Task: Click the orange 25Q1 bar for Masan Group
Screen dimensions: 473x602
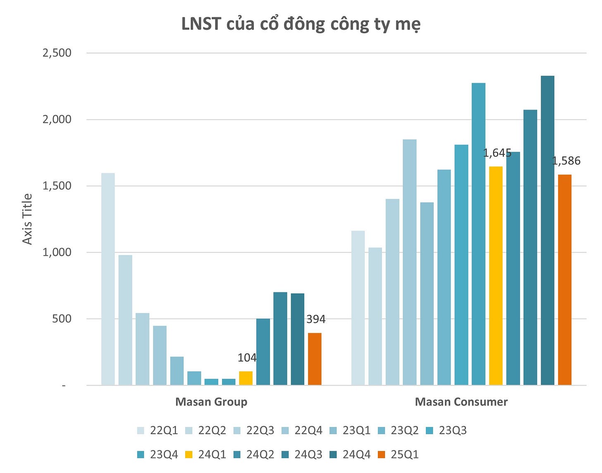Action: point(315,359)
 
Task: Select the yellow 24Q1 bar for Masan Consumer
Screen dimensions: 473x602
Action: point(496,276)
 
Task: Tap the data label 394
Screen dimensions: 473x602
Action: point(316,319)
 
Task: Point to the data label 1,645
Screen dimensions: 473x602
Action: point(497,153)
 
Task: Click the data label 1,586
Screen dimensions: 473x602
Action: point(566,161)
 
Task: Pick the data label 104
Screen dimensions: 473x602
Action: point(247,358)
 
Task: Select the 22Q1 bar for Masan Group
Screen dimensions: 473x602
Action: point(108,279)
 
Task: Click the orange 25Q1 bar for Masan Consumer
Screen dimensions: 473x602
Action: point(565,280)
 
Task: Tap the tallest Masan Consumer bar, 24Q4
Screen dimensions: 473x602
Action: point(547,230)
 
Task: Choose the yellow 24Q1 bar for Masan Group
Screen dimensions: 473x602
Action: point(246,378)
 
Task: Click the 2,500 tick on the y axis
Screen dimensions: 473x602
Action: point(57,53)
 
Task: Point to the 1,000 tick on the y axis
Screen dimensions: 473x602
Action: point(57,252)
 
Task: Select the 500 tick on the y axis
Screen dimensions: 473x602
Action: point(62,319)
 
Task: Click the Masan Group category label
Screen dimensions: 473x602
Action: point(211,402)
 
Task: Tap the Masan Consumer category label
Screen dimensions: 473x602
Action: point(461,402)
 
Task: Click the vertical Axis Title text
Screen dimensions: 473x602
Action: point(27,219)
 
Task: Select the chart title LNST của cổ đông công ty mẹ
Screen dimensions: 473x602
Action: point(301,24)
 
